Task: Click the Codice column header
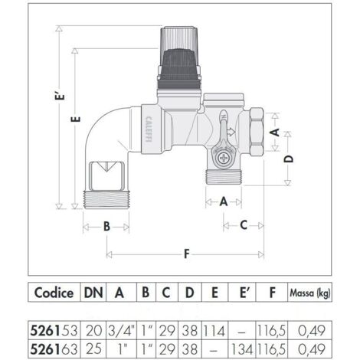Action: [x=54, y=293]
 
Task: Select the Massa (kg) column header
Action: [x=309, y=293]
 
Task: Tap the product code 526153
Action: [x=54, y=331]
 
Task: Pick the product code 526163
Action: [x=54, y=349]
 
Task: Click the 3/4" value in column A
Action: [x=121, y=331]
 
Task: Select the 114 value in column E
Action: [x=214, y=331]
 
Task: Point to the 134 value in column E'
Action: [x=242, y=349]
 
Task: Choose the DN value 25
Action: [x=93, y=349]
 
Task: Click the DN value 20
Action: [x=93, y=331]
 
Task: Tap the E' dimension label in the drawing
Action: [x=61, y=96]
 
